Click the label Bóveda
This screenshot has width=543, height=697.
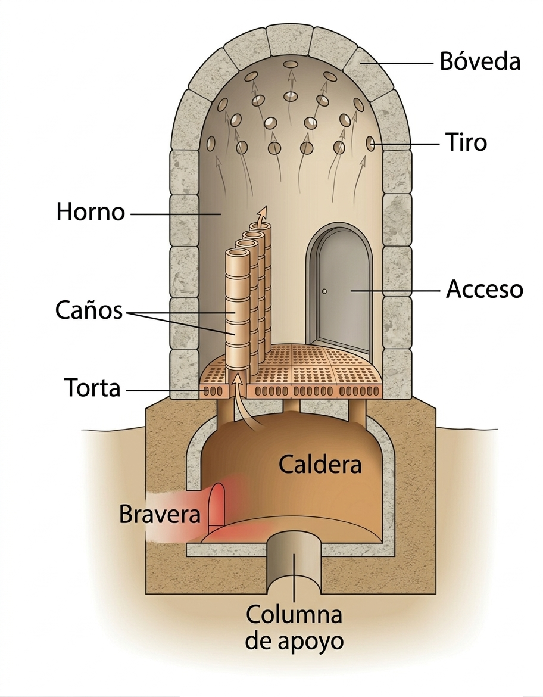coord(480,61)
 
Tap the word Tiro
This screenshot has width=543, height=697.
coord(466,143)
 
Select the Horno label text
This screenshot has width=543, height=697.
coord(90,212)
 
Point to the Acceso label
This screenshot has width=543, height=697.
coord(484,290)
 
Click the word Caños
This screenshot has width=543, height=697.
coord(89,310)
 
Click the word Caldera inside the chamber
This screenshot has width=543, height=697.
coord(320,464)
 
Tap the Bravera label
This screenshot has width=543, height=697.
coord(160,514)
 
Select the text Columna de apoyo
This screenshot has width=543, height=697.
coord(295,627)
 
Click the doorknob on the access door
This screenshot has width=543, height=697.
coord(325,291)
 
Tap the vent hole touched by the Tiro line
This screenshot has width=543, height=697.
coord(370,144)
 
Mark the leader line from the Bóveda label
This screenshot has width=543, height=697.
coord(399,62)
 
